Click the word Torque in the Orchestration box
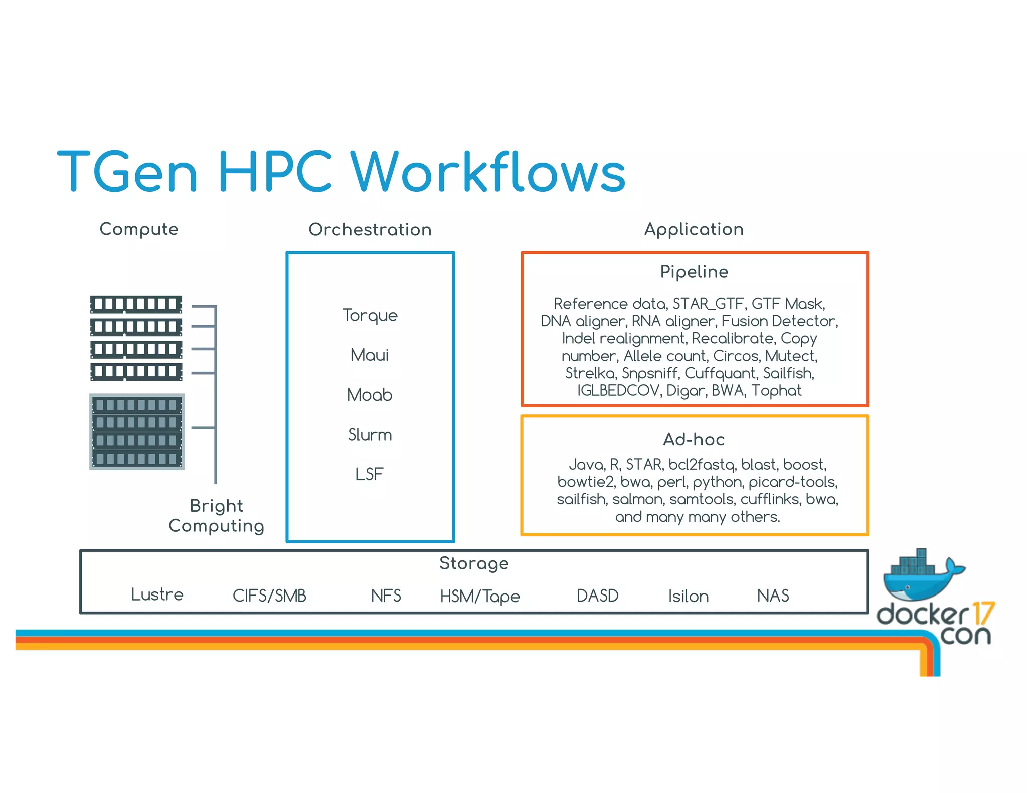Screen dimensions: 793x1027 (370, 315)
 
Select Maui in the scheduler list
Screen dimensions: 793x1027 (370, 355)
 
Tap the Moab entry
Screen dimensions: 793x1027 (370, 395)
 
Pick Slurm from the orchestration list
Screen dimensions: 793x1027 (370, 434)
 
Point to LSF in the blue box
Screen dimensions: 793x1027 (369, 474)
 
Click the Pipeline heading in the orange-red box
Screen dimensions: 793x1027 (694, 272)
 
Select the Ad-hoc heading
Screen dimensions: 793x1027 (694, 439)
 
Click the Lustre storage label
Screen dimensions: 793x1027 (157, 594)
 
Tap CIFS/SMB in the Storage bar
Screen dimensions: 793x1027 (269, 596)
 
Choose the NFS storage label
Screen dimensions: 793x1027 (386, 596)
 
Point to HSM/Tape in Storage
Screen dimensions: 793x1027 (480, 596)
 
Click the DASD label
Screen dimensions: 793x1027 (597, 596)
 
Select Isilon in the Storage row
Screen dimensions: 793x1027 (688, 596)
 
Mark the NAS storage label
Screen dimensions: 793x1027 (773, 596)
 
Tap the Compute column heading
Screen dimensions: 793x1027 (139, 229)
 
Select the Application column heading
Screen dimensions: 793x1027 (694, 229)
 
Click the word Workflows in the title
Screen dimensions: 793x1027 (488, 172)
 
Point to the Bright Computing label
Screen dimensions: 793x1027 (216, 516)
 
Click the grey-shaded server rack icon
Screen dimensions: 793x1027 (137, 432)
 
